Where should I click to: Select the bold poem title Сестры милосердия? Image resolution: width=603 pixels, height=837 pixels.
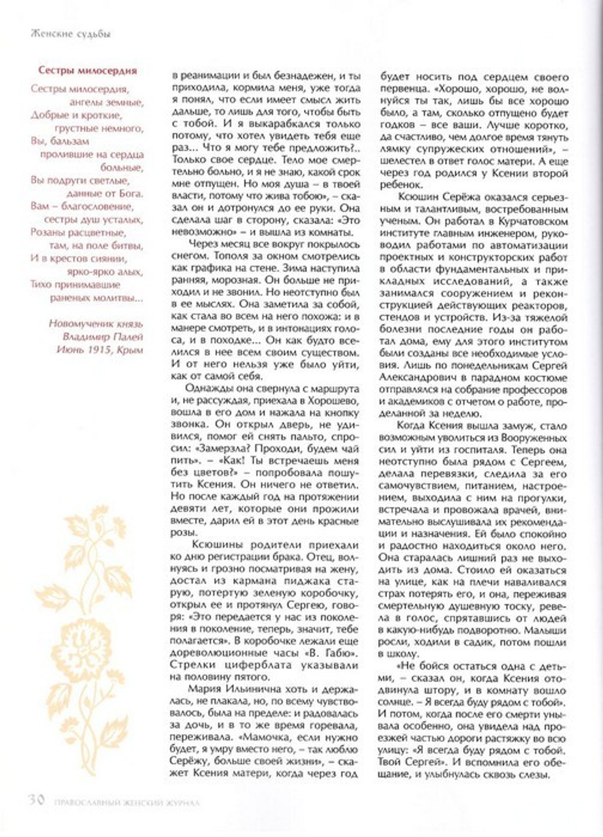click(x=87, y=71)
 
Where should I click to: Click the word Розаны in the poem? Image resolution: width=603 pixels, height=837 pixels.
click(x=47, y=232)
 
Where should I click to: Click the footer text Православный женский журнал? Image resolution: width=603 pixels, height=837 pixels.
click(x=127, y=802)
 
